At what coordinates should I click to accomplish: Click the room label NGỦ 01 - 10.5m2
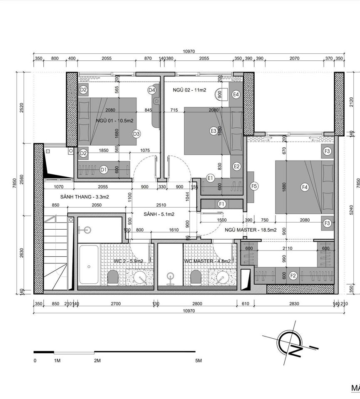114,121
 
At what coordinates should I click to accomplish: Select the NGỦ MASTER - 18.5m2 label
248,230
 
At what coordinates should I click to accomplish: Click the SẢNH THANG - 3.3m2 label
84,197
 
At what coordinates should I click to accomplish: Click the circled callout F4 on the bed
304,188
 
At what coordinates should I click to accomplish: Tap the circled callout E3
213,131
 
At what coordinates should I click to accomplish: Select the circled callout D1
104,169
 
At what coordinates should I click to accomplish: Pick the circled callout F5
254,186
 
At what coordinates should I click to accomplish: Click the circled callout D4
151,90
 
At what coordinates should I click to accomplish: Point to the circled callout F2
293,275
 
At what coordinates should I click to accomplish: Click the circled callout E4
236,94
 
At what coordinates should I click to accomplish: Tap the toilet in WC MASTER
195,276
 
